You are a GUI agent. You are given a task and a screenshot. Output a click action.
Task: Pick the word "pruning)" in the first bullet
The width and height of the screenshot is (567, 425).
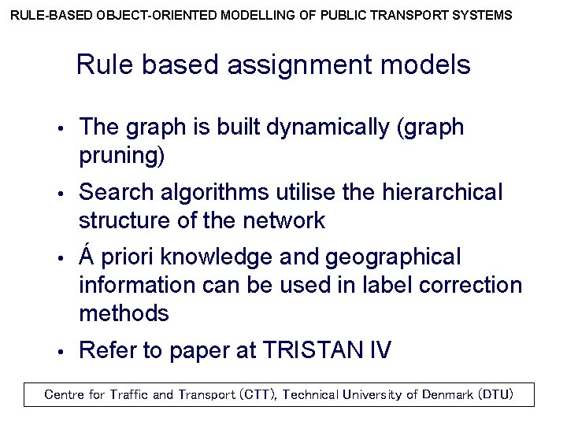pyautogui.click(x=122, y=156)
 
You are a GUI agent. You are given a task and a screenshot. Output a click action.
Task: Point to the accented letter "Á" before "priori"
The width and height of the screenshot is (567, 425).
pyautogui.click(x=87, y=256)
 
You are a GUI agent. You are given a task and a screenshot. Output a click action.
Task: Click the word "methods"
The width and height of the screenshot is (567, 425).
pyautogui.click(x=124, y=313)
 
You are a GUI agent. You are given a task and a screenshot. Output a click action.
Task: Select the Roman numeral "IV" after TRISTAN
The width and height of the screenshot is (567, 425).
pyautogui.click(x=377, y=350)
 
